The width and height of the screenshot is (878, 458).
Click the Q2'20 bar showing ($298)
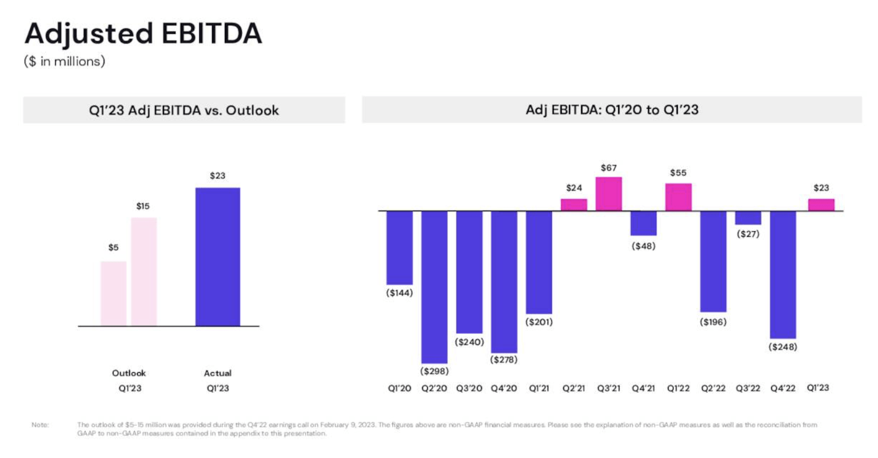[434, 287]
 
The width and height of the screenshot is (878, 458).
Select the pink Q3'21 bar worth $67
[609, 194]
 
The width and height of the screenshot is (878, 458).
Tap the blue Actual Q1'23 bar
[218, 256]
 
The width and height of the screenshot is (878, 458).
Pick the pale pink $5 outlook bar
[113, 293]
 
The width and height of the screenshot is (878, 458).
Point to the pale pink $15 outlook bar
[144, 271]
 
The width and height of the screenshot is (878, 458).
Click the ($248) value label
[783, 347]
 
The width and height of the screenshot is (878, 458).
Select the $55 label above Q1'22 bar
[678, 173]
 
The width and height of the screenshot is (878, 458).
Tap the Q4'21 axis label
[643, 388]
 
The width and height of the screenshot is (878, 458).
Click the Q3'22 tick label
[747, 388]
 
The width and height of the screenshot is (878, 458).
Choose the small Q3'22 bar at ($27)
[747, 218]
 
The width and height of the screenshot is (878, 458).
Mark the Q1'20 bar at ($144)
[399, 247]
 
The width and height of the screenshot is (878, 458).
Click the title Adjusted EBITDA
[143, 33]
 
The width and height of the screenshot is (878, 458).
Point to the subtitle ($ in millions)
[64, 61]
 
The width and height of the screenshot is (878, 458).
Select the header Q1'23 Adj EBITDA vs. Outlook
[184, 110]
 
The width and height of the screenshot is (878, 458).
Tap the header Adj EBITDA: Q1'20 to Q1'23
[611, 110]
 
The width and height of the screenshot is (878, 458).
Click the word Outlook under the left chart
[129, 373]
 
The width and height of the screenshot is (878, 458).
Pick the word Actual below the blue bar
[218, 373]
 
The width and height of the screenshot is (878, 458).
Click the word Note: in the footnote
[40, 425]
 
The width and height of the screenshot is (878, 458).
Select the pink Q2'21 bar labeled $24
[573, 204]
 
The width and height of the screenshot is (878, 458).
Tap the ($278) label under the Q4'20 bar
[504, 359]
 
